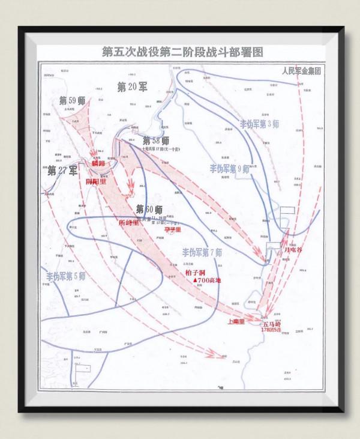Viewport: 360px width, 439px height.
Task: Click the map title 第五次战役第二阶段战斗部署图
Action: [182, 52]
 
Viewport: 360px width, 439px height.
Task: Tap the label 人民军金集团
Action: [304, 70]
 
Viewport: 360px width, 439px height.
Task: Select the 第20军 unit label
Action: [132, 86]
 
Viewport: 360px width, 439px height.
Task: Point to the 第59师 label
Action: [72, 100]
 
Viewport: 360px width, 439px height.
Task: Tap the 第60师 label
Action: [149, 210]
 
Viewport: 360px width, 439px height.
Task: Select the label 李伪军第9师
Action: [230, 169]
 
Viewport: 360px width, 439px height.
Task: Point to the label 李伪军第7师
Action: [202, 251]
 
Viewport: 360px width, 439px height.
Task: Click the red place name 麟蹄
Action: [98, 163]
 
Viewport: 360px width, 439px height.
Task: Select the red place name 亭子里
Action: [173, 229]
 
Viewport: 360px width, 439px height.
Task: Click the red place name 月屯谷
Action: [294, 248]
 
